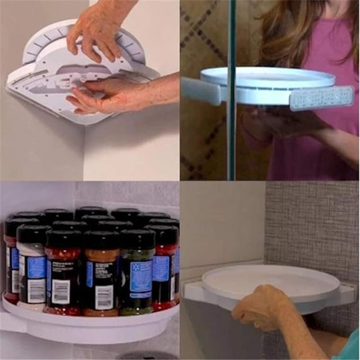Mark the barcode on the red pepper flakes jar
tap(61, 292)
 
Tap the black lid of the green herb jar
tap(137, 239)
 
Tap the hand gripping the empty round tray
tap(260, 308)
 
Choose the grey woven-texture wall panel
tap(313, 223)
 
